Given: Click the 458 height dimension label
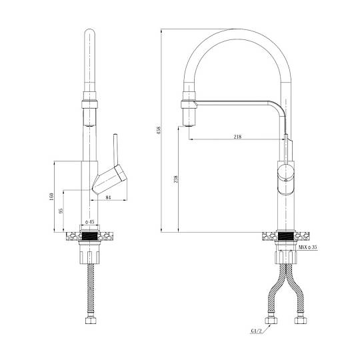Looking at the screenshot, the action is click(159, 130).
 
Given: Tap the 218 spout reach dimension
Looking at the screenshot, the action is click(237, 137).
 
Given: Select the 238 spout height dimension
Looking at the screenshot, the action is click(175, 179).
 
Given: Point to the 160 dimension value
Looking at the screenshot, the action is click(51, 197).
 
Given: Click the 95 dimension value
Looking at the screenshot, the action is click(61, 211).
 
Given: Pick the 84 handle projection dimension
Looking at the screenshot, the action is click(109, 197).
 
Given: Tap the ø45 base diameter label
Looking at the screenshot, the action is click(90, 222).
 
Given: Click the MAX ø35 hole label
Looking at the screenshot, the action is click(308, 247).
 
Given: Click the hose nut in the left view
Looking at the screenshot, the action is click(91, 321).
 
